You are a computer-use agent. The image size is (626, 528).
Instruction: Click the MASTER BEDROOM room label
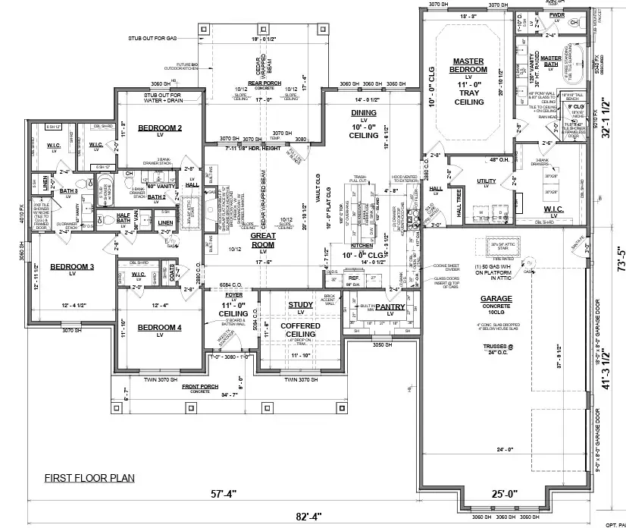point(468,65)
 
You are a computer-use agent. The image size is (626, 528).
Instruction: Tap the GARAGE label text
point(496,298)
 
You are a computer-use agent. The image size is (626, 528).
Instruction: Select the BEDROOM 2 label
point(159,128)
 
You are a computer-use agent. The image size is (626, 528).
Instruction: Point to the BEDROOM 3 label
point(72,267)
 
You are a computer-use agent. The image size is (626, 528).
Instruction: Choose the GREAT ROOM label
point(262,240)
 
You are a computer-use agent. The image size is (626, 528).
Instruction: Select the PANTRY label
point(391,307)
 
